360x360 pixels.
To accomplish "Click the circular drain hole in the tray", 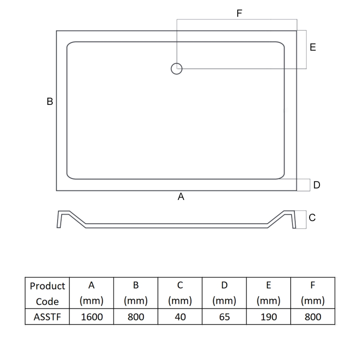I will [176, 68].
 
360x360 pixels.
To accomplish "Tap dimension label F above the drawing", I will [239, 13].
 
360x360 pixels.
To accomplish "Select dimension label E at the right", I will [313, 47].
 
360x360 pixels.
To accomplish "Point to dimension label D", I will [317, 185].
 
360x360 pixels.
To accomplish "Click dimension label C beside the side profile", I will [312, 218].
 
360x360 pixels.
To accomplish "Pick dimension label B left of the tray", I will [50, 102].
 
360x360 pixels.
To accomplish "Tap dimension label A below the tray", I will [181, 197].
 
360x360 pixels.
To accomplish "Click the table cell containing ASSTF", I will [47, 317].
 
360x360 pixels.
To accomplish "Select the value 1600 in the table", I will [91, 317].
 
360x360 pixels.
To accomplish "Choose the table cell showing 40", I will [180, 317].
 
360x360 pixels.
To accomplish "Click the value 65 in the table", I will [225, 317].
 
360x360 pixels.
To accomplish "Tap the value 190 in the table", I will [269, 317].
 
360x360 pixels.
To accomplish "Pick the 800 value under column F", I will [313, 317].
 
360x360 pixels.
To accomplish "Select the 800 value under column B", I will [135, 317].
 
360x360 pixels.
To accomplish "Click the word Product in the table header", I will [47, 286].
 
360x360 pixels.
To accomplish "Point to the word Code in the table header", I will [47, 301].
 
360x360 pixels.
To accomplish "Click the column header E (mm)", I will [269, 293].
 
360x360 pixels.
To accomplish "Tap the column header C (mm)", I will [180, 293].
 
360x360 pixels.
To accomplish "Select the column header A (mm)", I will [91, 293].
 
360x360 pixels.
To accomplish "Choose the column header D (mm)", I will [225, 293].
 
